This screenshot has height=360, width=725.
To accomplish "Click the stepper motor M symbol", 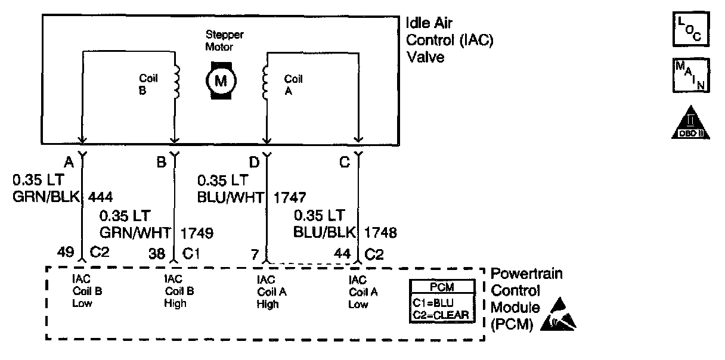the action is [221, 80].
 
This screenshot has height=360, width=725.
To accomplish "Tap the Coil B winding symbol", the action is [176, 82].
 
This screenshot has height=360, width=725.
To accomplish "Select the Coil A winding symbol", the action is [265, 82].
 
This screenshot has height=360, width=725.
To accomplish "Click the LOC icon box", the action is [691, 29].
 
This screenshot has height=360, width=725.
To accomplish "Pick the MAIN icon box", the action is [691, 75].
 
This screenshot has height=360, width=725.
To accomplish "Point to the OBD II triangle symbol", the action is [690, 123].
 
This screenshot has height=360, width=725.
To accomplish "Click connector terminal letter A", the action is [69, 162].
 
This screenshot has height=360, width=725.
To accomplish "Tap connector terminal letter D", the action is [255, 162].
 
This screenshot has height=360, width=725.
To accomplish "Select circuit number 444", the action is [100, 197].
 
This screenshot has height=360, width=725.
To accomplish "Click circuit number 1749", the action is [197, 233].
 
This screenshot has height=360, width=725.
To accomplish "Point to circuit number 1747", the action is [290, 198].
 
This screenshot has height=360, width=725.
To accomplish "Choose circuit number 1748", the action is [380, 232].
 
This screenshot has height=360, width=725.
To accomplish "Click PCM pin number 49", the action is [66, 252].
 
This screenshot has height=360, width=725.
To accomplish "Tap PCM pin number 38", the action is [157, 253].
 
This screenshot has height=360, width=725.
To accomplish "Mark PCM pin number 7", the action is [255, 255].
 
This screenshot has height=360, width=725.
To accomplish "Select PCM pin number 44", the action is [342, 253].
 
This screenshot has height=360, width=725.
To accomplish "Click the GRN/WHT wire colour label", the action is [135, 232].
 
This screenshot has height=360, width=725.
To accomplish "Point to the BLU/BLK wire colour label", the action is [324, 232].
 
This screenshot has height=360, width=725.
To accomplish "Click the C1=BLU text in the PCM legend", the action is [433, 303].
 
